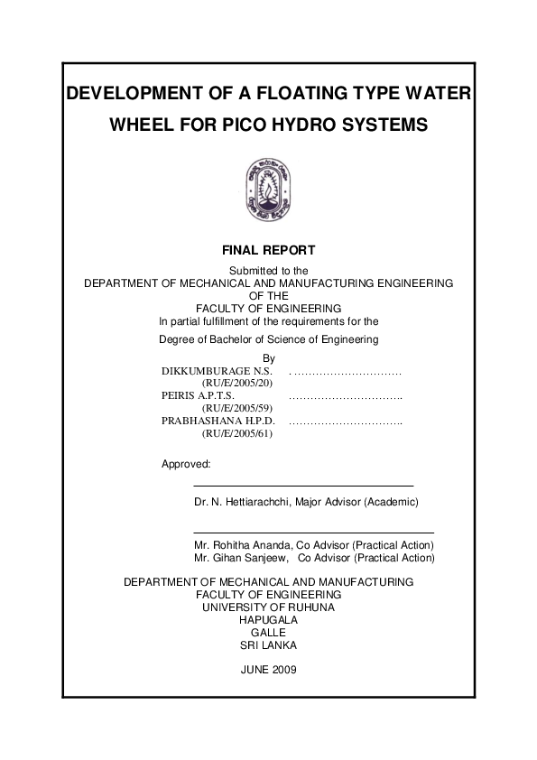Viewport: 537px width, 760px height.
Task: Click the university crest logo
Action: click(x=268, y=186)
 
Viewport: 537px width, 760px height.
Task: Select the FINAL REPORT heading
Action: click(x=268, y=250)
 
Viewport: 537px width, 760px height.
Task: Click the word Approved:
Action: click(x=186, y=464)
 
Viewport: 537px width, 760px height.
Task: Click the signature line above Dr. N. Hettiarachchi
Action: click(x=303, y=487)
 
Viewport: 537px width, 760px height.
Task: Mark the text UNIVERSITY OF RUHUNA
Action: click(x=268, y=607)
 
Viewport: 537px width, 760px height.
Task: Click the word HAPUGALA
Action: click(x=268, y=620)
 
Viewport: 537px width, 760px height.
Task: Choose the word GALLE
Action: click(x=268, y=633)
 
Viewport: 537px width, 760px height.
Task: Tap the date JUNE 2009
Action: click(x=268, y=670)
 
